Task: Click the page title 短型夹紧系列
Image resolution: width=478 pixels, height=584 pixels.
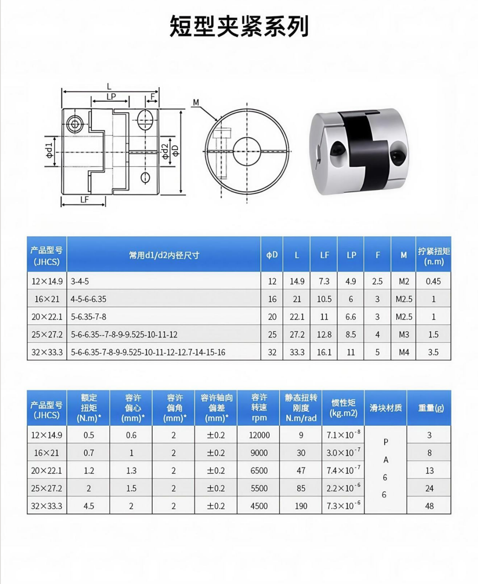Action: tap(239, 26)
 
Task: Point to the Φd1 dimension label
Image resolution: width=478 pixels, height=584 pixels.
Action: tap(49, 151)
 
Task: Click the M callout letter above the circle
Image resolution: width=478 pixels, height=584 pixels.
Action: tap(196, 102)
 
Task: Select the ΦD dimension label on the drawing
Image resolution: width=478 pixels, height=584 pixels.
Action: tap(175, 151)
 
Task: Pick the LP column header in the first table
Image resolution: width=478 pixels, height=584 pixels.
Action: tap(351, 255)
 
